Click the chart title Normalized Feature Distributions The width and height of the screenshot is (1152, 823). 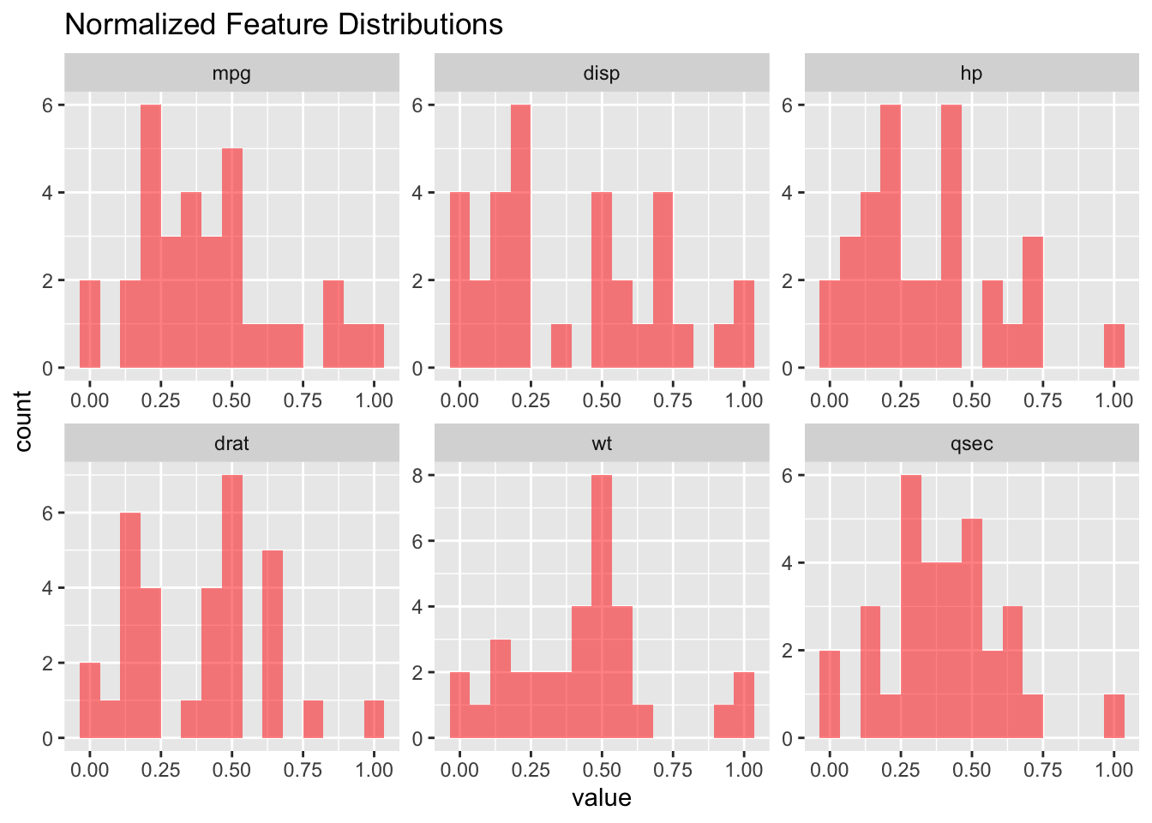pos(284,24)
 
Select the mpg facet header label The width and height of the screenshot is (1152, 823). pos(231,74)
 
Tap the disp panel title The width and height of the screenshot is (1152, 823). pos(601,74)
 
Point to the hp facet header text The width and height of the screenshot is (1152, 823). pos(971,74)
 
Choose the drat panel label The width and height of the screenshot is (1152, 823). pos(231,443)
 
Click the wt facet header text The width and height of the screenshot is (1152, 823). pos(602,444)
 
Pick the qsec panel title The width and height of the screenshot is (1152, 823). pos(971,444)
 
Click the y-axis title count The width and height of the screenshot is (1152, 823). pos(23,421)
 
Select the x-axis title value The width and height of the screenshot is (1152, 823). pos(601,798)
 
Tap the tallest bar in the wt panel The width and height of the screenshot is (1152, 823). pos(602,606)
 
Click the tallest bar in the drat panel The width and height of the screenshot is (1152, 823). pos(232,606)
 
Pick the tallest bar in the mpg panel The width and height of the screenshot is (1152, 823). pos(151,236)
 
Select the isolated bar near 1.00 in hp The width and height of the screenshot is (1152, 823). pos(1114,345)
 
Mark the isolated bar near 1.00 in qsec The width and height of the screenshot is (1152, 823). pos(1114,716)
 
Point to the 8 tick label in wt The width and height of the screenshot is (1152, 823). pos(417,475)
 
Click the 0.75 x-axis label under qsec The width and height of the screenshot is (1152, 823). pos(1042,770)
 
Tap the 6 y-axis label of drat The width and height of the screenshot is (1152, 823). pos(47,513)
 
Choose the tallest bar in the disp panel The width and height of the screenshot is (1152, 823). pos(520,236)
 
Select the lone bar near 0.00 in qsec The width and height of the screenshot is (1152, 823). pos(830,694)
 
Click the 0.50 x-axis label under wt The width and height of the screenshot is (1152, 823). pos(602,770)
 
